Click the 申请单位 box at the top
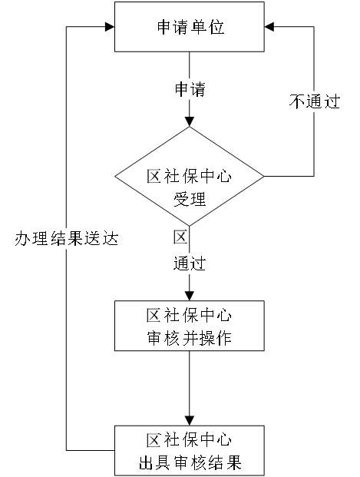[189, 27]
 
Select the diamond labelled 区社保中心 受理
[189, 177]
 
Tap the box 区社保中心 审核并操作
[189, 326]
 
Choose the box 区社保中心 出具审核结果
[189, 451]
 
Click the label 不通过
[315, 101]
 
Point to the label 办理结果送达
[67, 238]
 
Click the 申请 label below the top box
[190, 89]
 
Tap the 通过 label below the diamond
[190, 263]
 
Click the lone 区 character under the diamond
[180, 237]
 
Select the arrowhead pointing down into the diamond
[190, 121]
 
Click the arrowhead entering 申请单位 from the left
[110, 27]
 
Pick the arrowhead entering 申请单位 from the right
[269, 27]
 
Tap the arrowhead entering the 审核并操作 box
[190, 296]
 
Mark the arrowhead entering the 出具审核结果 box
[190, 421]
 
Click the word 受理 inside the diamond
[190, 199]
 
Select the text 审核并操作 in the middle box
[190, 338]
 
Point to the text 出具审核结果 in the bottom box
[190, 462]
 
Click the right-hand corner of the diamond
[264, 176]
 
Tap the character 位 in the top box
[216, 27]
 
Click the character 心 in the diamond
[224, 177]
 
